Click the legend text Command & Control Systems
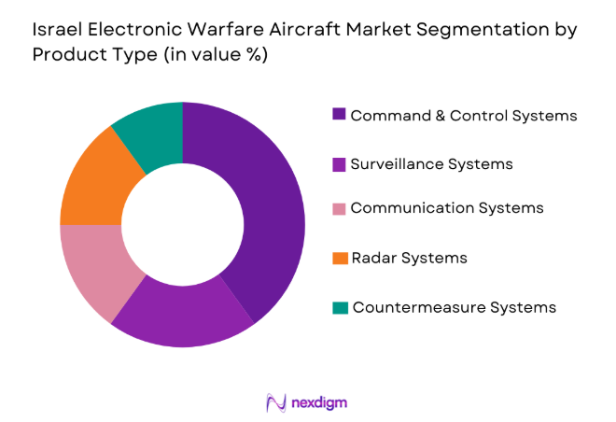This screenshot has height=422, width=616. pos(464,116)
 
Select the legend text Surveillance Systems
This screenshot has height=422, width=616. pos(431,163)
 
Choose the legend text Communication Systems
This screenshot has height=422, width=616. pos(446,208)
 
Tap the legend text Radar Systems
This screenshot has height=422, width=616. pos(409,257)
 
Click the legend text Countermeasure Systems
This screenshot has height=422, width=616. pos(454,306)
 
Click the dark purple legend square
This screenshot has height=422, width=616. pos(339,115)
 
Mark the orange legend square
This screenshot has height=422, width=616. pos(339,258)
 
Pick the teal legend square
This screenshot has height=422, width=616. pos(339,307)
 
